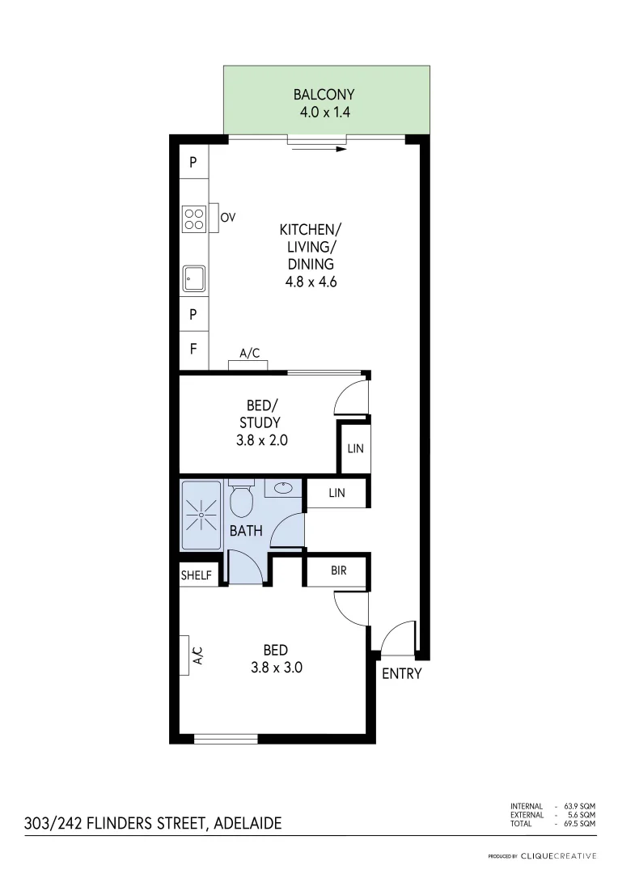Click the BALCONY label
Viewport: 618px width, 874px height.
[324, 95]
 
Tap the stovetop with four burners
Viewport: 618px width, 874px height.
[193, 218]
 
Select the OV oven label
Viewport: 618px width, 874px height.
[227, 217]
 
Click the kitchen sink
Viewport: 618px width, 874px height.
[193, 278]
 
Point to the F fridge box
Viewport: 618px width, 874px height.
[193, 350]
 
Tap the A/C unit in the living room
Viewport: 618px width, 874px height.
[248, 364]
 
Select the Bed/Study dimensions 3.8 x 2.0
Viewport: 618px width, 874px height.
[260, 441]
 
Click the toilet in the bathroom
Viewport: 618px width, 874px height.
[242, 499]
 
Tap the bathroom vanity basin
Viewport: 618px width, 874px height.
[284, 488]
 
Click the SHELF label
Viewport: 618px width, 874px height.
[196, 575]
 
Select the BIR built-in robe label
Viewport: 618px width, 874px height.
[338, 571]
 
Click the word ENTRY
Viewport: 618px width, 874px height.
[401, 673]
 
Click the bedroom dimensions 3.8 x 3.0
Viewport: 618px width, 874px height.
[276, 668]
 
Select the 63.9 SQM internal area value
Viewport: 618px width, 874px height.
[582, 806]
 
